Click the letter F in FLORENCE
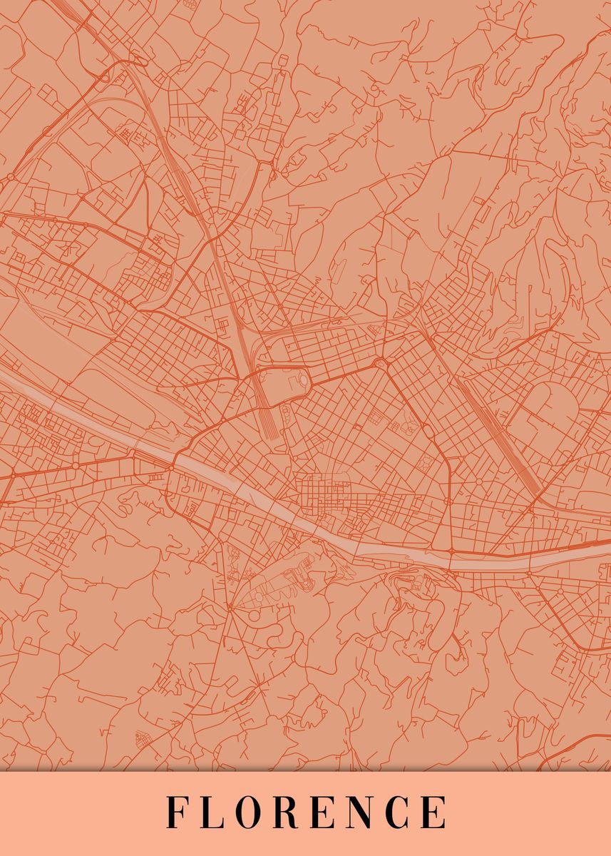(175, 812)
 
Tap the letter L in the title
(207, 812)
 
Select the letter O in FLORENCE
(244, 812)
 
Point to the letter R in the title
(283, 812)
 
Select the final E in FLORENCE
(433, 812)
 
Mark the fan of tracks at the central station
(269, 421)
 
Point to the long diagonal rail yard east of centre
(499, 435)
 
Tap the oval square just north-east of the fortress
(381, 365)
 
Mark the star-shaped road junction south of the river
(230, 607)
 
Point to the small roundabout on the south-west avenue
(76, 466)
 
